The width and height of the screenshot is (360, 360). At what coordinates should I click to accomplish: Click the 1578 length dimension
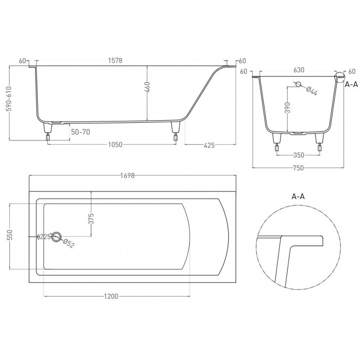coord(115,60)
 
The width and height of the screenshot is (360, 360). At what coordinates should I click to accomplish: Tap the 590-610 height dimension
coord(9,99)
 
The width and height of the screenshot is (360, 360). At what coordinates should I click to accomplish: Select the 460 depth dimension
coord(147,87)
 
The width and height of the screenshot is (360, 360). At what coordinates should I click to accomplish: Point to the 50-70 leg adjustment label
coord(81,132)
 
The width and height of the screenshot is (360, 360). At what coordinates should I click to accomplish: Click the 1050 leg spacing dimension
coord(115,144)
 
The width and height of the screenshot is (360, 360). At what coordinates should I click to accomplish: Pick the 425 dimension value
coord(209,145)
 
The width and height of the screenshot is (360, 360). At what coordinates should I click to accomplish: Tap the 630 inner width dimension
coord(299,70)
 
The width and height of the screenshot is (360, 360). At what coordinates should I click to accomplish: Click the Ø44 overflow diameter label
coord(311,91)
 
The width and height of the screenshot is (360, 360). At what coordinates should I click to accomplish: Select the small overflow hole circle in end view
coord(298,84)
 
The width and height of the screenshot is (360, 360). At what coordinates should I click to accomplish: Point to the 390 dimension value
coord(288,108)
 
